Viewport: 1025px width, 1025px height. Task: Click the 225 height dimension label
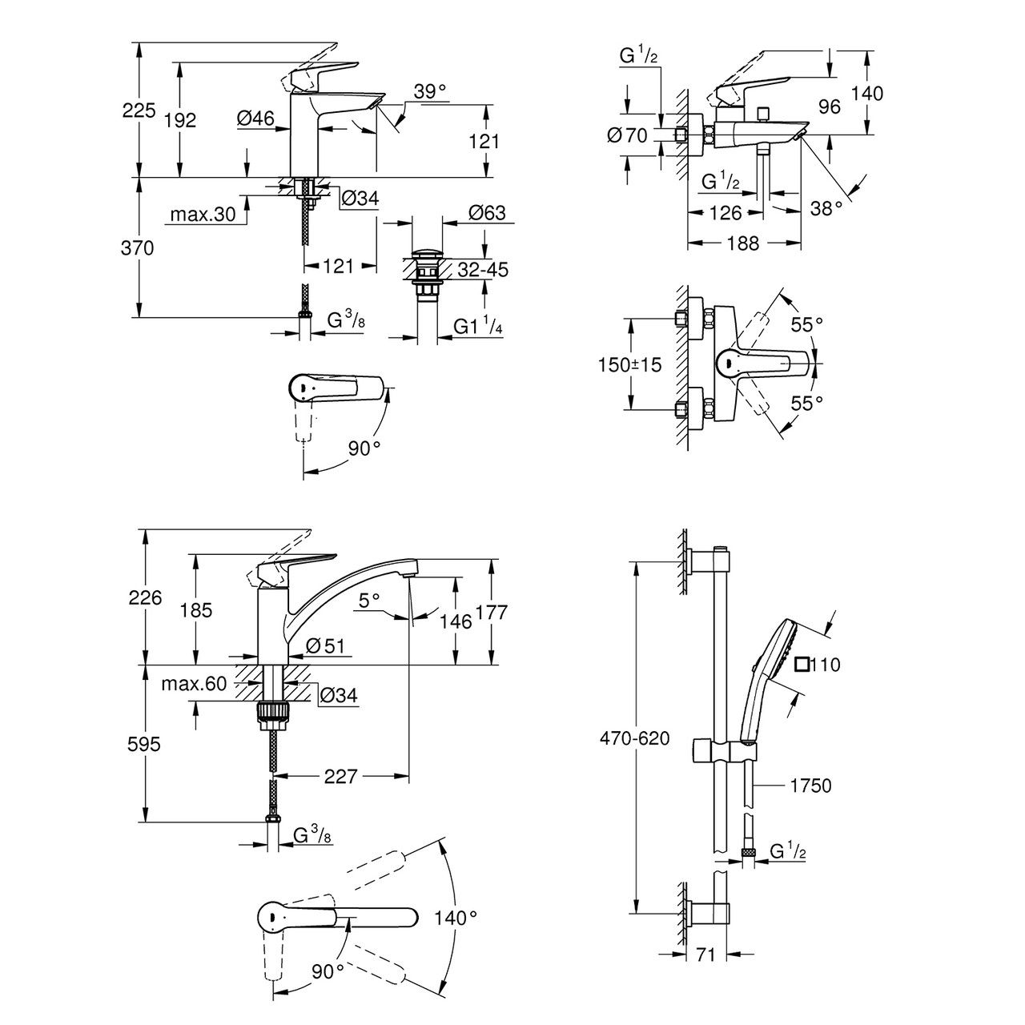click(x=139, y=111)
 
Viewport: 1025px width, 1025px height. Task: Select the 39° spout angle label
click(x=430, y=92)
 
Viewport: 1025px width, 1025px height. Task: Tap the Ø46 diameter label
click(x=255, y=119)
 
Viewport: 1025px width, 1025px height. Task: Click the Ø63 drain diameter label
click(x=487, y=213)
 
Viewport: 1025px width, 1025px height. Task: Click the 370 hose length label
click(x=138, y=249)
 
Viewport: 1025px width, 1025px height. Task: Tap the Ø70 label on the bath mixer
click(x=627, y=135)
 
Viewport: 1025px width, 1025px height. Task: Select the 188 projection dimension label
click(x=744, y=243)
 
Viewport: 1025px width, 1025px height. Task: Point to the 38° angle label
click(x=826, y=207)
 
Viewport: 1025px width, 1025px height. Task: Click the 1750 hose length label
click(x=810, y=786)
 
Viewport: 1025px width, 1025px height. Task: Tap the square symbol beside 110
click(x=802, y=664)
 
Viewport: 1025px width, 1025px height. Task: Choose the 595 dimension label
click(x=144, y=744)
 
